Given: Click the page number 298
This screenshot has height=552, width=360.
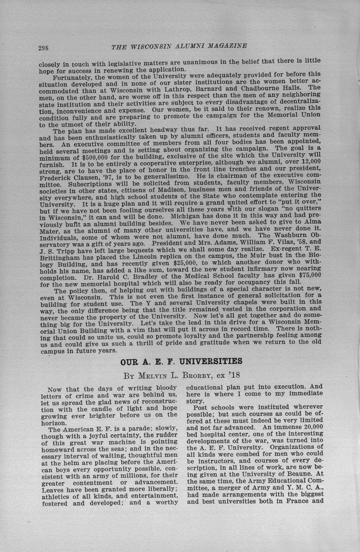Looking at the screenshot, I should (x=43, y=47).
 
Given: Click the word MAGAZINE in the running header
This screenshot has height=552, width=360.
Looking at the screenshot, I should (x=225, y=46).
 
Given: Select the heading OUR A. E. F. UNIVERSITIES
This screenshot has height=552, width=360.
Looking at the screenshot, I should (x=181, y=362).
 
